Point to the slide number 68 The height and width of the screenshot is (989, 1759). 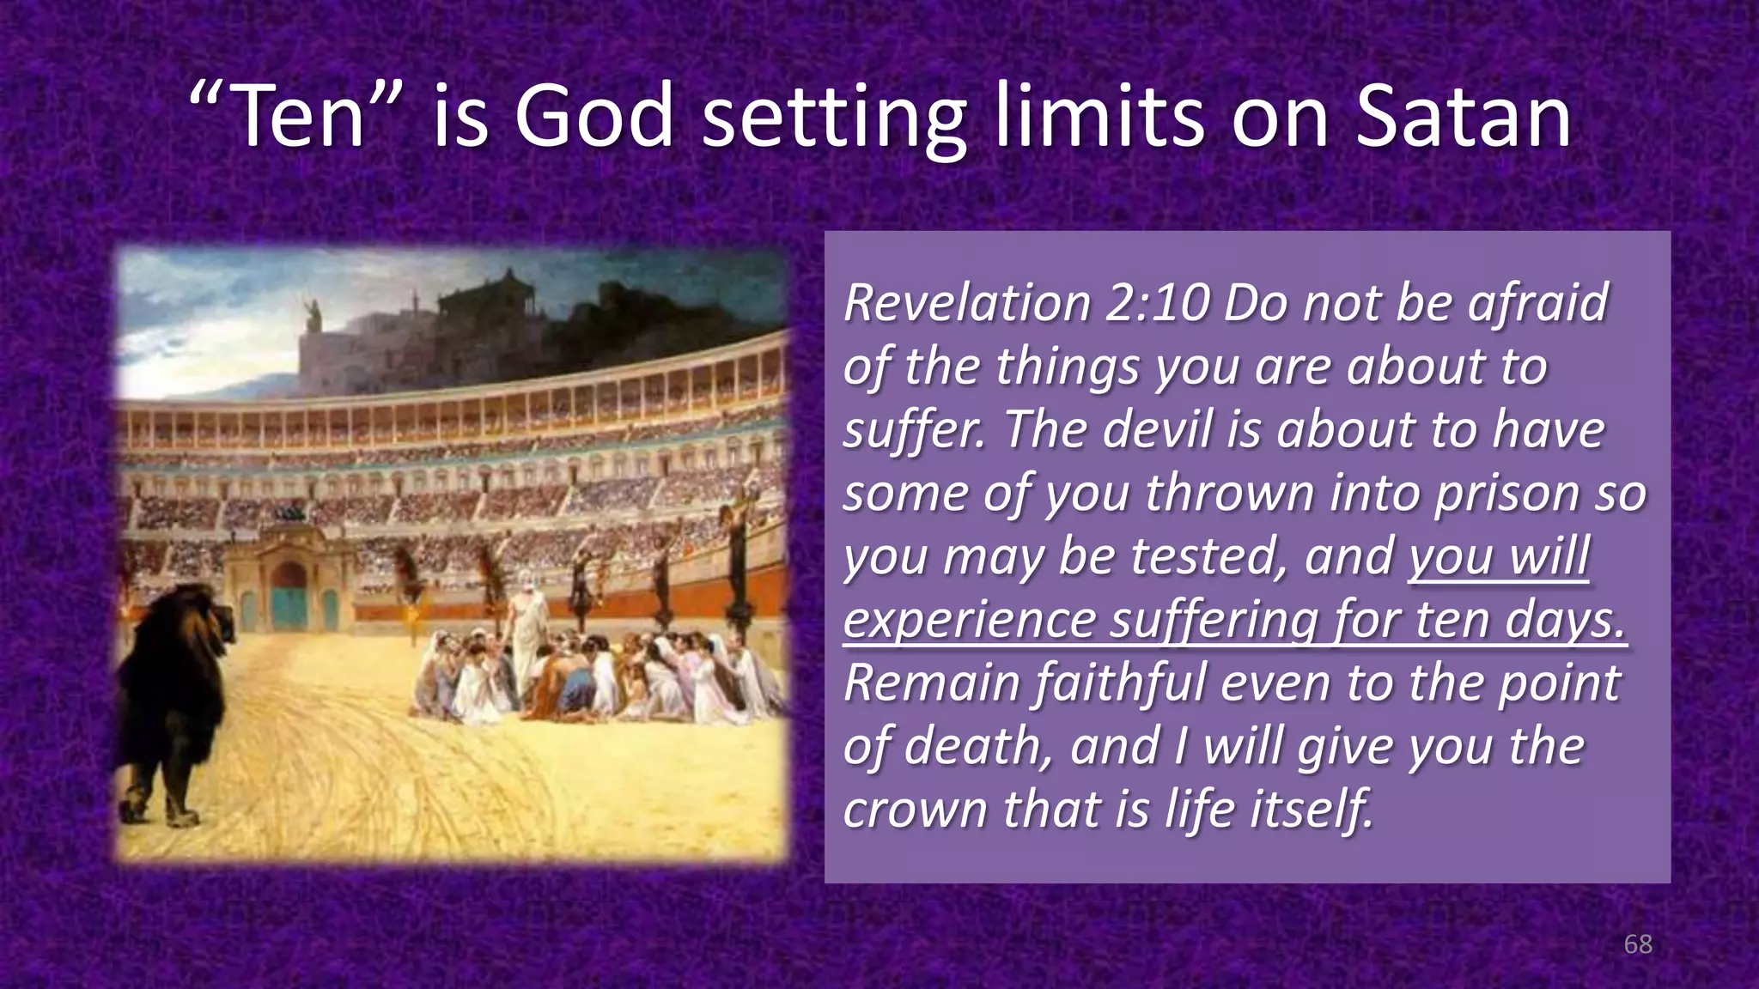pos(1637,944)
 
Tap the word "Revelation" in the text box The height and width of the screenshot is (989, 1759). pos(965,303)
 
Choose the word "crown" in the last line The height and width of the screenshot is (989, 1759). pos(916,809)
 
